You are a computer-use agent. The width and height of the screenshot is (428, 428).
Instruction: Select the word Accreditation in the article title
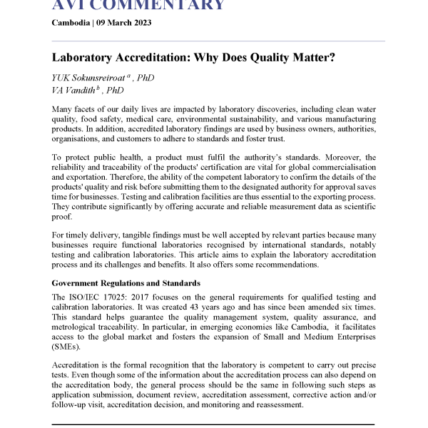pos(157,57)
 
